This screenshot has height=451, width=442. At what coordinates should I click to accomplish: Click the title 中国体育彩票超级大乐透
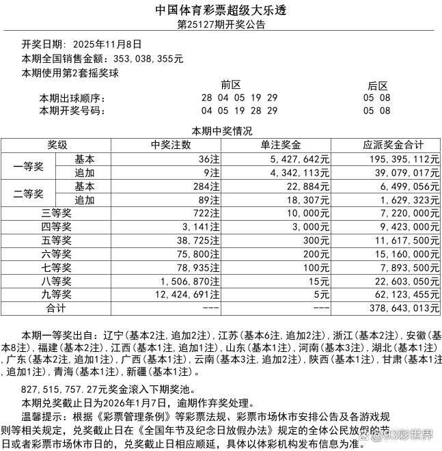pos(221,10)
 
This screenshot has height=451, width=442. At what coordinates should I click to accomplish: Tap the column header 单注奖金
pos(281,145)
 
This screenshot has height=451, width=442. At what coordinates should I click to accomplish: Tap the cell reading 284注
pos(206,186)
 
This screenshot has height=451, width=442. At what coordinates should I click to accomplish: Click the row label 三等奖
pos(57,214)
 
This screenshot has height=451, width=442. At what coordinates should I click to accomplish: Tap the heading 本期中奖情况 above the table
pos(221,131)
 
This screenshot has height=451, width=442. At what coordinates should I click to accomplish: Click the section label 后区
pos(377,85)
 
